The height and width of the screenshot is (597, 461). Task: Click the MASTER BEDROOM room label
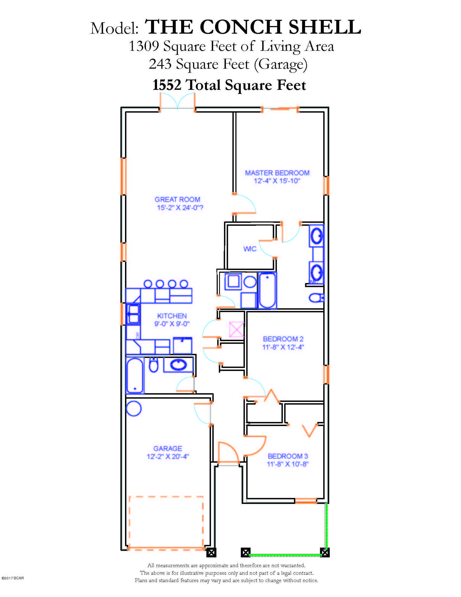[x=277, y=173]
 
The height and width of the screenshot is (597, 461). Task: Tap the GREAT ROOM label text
[x=177, y=199]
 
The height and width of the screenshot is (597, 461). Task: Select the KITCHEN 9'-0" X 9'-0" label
[x=172, y=320]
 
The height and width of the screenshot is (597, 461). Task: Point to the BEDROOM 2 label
[x=283, y=339]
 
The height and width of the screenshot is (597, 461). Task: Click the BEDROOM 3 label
[x=288, y=456]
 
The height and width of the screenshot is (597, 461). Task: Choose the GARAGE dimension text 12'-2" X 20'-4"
[x=168, y=456]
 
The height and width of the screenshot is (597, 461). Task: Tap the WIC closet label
[x=250, y=249]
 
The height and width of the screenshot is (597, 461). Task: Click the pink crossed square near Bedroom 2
[x=236, y=330]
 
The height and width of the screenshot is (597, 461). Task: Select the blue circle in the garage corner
[x=134, y=409]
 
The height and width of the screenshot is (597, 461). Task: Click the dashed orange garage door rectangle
[x=166, y=522]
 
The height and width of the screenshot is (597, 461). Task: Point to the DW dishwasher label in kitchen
[x=138, y=335]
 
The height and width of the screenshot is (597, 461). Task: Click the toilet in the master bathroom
[x=316, y=298]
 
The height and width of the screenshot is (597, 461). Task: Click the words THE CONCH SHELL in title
[x=253, y=27]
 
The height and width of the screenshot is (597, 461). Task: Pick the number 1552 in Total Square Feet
[x=167, y=85]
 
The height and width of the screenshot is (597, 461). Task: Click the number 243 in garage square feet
[x=160, y=64]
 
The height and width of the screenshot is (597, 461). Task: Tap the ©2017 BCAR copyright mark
[x=13, y=578]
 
